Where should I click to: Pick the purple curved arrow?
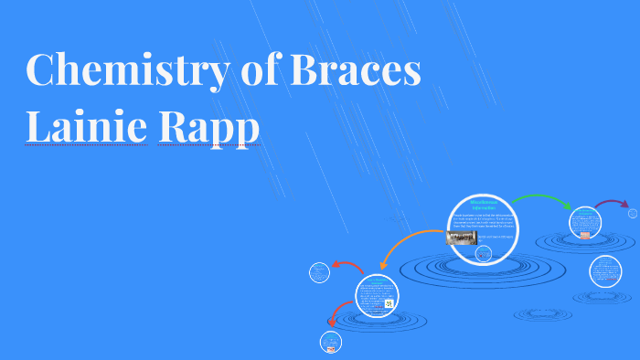(x=612, y=203)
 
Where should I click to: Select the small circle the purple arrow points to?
(x=633, y=213)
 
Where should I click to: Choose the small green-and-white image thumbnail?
(x=389, y=302)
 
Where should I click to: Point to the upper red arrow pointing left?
(x=347, y=266)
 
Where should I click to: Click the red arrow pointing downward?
(x=336, y=316)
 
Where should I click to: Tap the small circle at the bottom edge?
(x=329, y=343)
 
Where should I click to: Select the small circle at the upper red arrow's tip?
(x=319, y=271)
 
